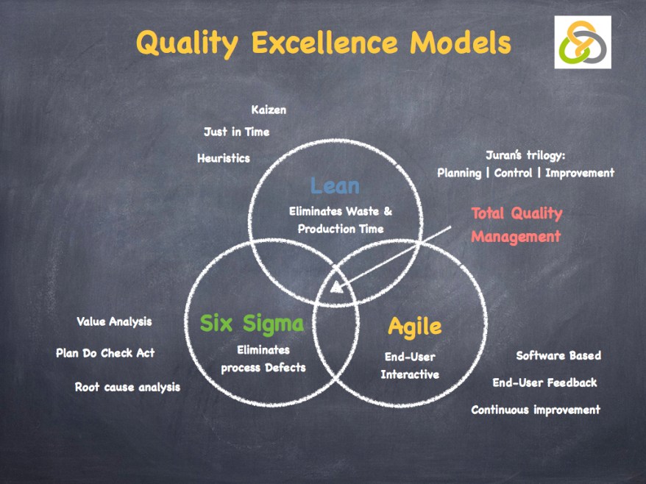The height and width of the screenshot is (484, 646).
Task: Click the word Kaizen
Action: (269, 110)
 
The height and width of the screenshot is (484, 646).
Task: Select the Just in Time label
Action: (236, 132)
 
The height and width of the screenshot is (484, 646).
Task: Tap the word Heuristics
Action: (224, 158)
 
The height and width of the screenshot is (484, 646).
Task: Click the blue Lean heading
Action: (335, 186)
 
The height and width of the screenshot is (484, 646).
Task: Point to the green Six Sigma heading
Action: (252, 324)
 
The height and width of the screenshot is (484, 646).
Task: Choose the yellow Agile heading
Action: (414, 327)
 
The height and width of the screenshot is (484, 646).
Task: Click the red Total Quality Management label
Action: (517, 225)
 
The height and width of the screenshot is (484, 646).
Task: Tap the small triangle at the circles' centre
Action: (336, 287)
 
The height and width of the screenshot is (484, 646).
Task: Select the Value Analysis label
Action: (114, 321)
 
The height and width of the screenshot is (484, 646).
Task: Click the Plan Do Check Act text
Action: (105, 353)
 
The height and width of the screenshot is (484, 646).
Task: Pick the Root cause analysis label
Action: (128, 387)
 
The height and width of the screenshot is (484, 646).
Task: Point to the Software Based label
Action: (558, 355)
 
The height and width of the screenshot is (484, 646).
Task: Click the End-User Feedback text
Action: (544, 382)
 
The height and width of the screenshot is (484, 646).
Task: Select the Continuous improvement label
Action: (536, 410)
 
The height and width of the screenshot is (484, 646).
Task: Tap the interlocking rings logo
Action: (583, 42)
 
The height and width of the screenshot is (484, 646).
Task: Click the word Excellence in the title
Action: (324, 42)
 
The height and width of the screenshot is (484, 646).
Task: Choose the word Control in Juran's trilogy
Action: (513, 173)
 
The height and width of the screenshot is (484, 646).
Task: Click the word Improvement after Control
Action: (580, 173)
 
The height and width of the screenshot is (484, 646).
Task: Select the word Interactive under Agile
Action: (410, 374)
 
